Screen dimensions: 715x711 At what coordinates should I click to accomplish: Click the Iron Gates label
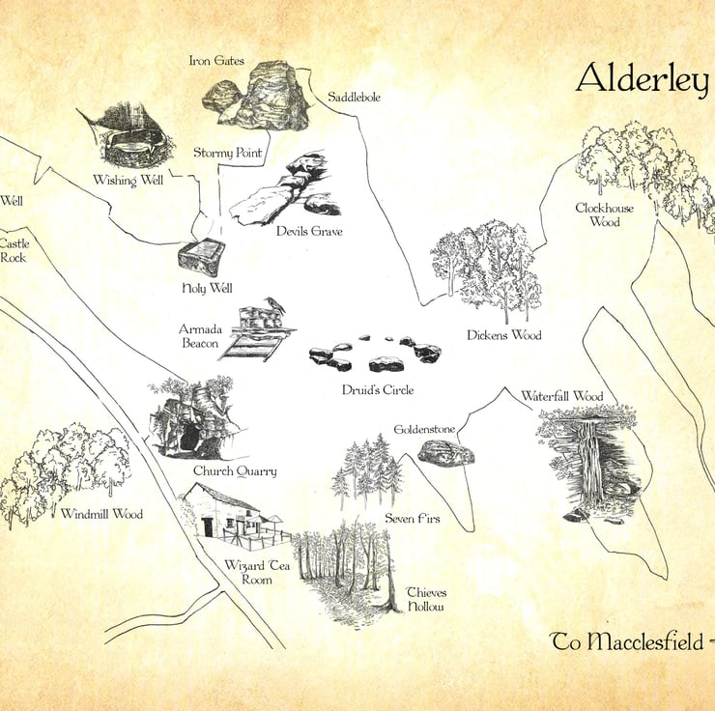(217, 62)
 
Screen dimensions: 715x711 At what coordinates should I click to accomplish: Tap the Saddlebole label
(354, 97)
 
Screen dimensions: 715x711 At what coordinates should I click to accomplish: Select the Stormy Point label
(228, 153)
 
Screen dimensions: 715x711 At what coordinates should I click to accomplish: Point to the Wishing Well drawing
(136, 137)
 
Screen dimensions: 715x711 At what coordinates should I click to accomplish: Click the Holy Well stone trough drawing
(202, 258)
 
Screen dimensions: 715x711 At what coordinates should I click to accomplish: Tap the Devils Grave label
(309, 231)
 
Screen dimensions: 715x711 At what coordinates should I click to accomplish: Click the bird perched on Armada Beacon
(278, 305)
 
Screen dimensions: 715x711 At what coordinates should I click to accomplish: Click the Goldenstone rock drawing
(446, 452)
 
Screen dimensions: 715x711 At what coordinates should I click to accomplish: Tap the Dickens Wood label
(503, 335)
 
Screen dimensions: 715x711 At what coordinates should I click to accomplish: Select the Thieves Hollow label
(426, 599)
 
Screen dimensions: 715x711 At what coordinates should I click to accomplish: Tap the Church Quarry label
(235, 471)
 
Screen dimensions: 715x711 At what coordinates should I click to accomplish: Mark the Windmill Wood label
(101, 514)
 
